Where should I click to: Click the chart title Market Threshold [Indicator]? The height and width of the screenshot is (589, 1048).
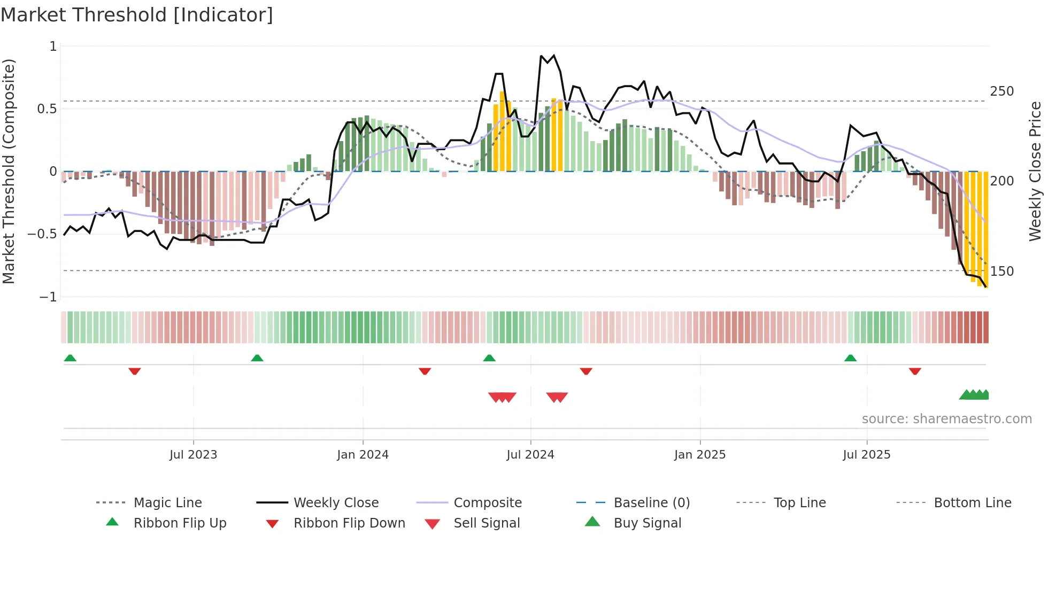[137, 15]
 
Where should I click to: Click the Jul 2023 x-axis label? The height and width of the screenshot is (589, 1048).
[193, 455]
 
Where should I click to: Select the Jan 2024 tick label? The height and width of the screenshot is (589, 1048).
[363, 455]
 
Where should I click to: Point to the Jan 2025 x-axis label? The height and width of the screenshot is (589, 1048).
[699, 455]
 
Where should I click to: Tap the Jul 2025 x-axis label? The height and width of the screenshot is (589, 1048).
[866, 455]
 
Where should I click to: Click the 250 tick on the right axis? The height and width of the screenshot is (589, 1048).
[1001, 91]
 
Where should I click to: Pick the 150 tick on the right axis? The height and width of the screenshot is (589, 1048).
[1001, 272]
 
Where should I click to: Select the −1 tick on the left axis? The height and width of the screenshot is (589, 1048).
[48, 297]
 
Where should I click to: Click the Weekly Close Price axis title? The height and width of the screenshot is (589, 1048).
[1035, 171]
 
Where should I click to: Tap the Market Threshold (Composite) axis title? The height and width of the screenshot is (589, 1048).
[9, 171]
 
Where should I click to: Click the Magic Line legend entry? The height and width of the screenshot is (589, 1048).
[167, 503]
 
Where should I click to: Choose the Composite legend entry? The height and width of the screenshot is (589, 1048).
[487, 503]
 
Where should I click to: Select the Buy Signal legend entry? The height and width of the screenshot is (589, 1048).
[647, 523]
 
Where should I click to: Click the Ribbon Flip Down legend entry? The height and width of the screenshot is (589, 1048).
[349, 523]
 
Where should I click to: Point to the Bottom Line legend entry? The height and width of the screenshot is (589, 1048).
[972, 503]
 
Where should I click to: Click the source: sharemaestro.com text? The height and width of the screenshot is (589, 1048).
[946, 419]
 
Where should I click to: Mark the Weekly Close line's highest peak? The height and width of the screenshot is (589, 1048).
[553, 56]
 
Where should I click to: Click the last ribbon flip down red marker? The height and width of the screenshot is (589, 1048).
[915, 371]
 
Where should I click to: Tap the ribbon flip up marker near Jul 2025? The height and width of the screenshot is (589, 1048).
[850, 358]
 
